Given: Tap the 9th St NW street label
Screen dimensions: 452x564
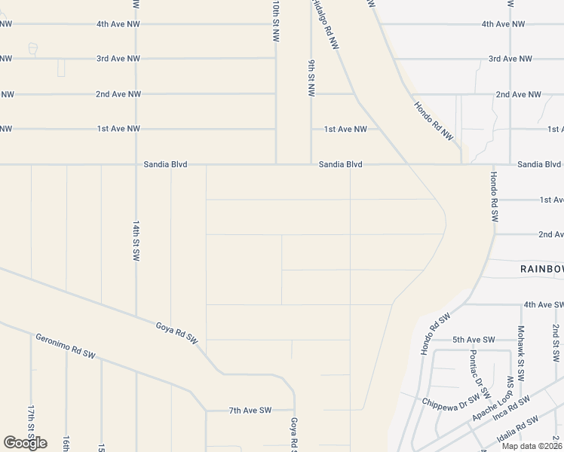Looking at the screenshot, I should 311,78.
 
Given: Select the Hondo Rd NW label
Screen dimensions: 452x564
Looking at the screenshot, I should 434,121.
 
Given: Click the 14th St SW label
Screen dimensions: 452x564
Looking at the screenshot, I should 136,241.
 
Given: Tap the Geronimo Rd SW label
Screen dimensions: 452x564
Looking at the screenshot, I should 66,345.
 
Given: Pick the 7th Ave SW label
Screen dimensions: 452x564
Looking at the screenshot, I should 250,411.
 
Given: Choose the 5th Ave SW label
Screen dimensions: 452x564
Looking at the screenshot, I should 474,340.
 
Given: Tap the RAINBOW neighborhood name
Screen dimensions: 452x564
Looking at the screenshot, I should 541,269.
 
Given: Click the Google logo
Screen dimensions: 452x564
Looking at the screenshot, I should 25,443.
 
